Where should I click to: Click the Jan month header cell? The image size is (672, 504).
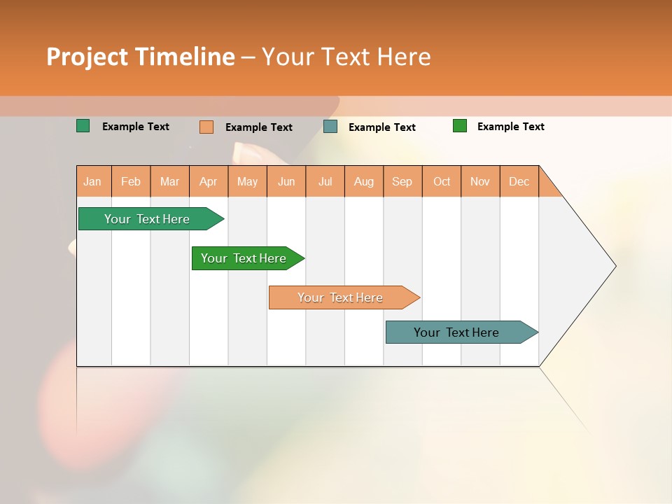[x=92, y=181]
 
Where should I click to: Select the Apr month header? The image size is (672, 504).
[x=209, y=181]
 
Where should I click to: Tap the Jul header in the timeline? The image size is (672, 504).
[x=325, y=181]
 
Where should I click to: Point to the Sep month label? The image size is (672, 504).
[x=402, y=181]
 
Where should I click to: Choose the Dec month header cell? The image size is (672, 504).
[x=519, y=181]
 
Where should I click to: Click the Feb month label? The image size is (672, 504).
[x=131, y=181]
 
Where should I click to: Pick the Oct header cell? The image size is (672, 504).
[x=442, y=181]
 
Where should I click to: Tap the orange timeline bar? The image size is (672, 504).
[x=342, y=297]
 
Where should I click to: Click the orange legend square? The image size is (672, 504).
[x=206, y=127]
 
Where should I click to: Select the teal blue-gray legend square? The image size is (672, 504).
[x=330, y=127]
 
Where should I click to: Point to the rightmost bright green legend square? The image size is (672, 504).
[x=460, y=126]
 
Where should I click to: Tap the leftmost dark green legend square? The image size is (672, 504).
[x=83, y=126]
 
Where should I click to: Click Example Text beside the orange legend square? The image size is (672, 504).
[x=259, y=127]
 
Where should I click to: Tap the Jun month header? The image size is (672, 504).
[x=286, y=181]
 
